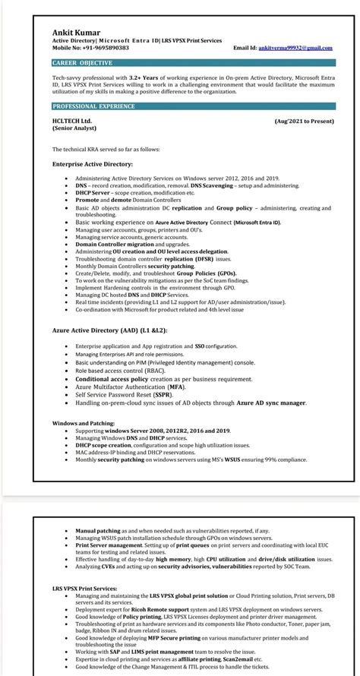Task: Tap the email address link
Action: pos(295,48)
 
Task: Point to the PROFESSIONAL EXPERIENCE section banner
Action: pos(94,106)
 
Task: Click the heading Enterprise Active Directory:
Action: pos(93,163)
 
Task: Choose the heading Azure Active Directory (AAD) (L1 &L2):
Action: pos(109,330)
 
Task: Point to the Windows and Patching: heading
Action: pos(84,422)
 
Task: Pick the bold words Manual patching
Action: pos(95,530)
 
